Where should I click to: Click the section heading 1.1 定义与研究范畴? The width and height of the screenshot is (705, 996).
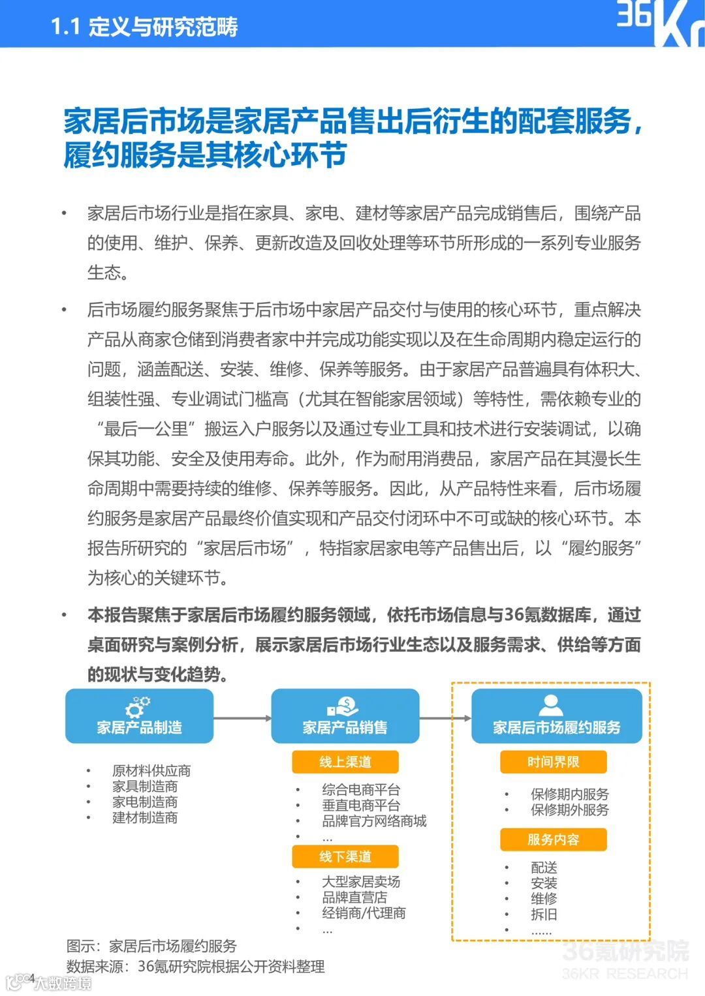[x=144, y=27]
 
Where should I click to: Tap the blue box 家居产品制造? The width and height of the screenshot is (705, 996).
[x=139, y=716]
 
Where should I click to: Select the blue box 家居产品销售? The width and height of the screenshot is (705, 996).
[x=345, y=716]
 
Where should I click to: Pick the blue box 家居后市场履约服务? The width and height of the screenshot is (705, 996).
[x=556, y=716]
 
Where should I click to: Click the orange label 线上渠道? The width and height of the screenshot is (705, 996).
[x=345, y=762]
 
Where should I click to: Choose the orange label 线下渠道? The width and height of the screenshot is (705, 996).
[x=345, y=856]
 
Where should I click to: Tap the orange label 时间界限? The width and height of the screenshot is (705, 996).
[x=553, y=762]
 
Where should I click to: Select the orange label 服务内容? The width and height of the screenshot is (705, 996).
[x=553, y=839]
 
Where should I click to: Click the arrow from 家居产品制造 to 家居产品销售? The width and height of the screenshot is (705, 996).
[x=242, y=718]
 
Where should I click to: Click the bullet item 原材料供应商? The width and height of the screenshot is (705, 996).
[x=151, y=771]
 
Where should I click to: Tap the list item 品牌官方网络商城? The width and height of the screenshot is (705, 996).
[x=373, y=821]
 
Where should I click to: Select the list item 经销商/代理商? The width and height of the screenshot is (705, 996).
[x=364, y=913]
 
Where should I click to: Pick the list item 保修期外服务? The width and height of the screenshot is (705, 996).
[x=569, y=810]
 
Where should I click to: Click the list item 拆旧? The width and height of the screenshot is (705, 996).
[x=544, y=914]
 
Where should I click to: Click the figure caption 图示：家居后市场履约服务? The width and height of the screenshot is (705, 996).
[x=151, y=946]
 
